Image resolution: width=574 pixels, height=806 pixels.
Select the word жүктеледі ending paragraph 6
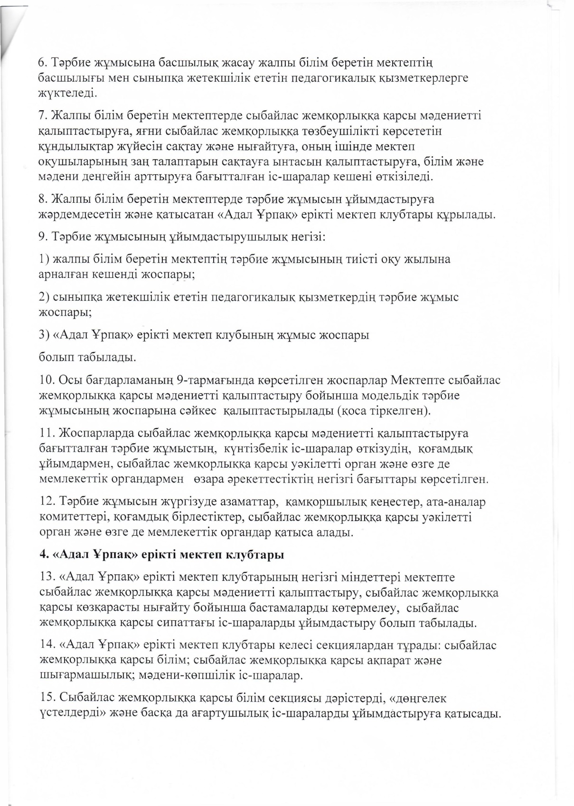[x=67, y=92]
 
